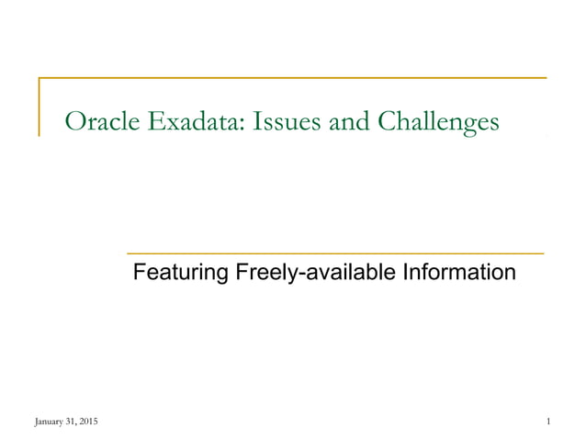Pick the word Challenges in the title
(x=435, y=122)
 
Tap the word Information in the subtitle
(x=456, y=273)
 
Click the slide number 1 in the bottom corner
(x=547, y=422)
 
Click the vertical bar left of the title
(x=39, y=107)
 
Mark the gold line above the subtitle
(x=334, y=252)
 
